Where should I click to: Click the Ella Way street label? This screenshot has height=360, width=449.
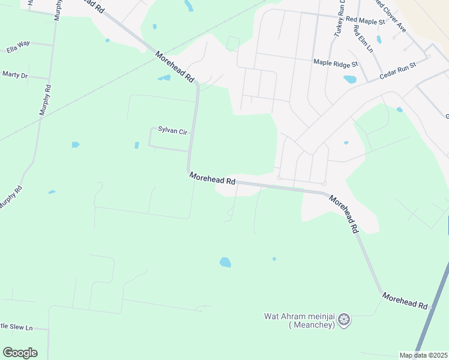(18, 44)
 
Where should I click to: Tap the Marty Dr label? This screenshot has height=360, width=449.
(15, 75)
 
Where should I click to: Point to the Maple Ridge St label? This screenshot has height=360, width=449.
(336, 62)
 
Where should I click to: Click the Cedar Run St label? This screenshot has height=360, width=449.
(398, 71)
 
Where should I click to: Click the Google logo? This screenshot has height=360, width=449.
(20, 353)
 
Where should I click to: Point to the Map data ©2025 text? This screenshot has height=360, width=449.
(423, 355)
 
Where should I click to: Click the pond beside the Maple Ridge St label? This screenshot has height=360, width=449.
(350, 79)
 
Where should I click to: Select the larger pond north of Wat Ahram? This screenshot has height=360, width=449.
(225, 262)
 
